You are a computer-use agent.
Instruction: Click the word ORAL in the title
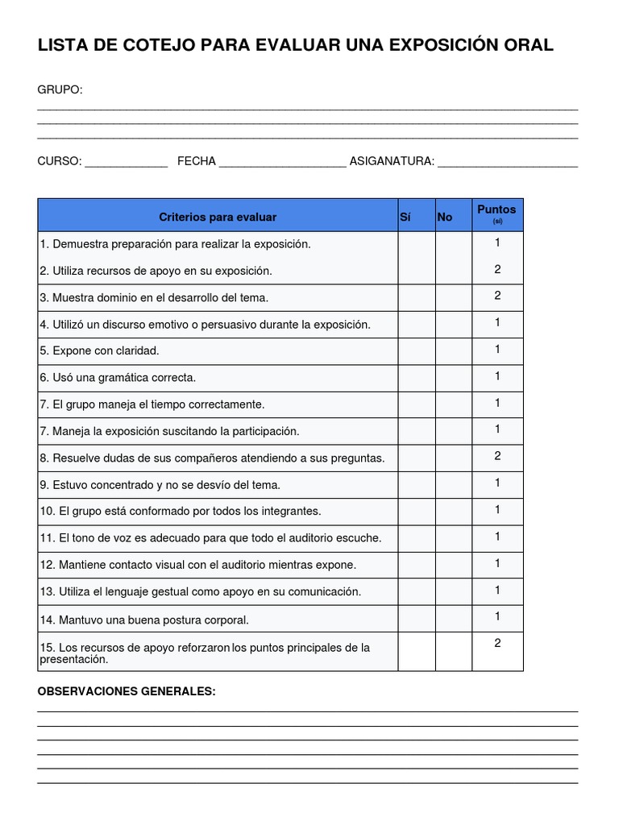(x=529, y=46)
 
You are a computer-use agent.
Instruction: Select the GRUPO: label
(x=60, y=89)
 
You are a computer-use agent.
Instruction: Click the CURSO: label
(x=60, y=161)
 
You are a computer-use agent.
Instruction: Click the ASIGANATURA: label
(x=392, y=161)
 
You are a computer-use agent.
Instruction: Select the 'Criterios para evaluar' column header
(x=218, y=217)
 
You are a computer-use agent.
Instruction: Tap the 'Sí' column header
(x=405, y=217)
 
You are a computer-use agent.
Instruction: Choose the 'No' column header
(x=445, y=217)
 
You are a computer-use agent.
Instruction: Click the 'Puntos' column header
(x=496, y=210)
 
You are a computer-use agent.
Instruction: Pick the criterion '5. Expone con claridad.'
(x=99, y=350)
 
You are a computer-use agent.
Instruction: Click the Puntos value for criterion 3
(x=497, y=296)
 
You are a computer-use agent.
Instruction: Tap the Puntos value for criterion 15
(x=497, y=643)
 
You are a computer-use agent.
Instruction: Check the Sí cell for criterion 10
(x=417, y=511)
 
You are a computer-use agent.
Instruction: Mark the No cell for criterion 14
(x=454, y=618)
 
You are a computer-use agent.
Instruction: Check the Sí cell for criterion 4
(x=417, y=324)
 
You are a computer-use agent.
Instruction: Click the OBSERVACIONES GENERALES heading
(x=127, y=691)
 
